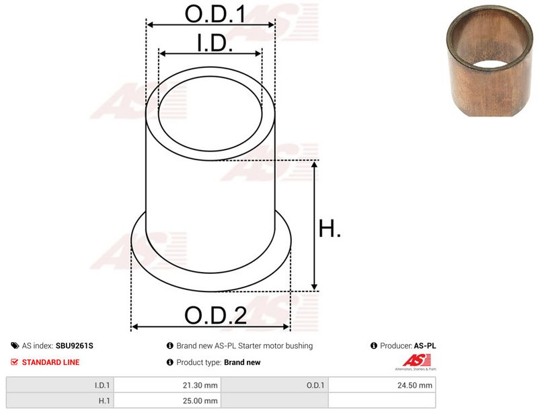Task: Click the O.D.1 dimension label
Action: [x=215, y=13]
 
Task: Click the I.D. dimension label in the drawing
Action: [x=215, y=42]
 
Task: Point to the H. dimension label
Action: [x=330, y=228]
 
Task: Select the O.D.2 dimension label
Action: [x=215, y=316]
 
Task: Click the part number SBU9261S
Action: [x=74, y=345]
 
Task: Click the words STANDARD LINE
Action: [x=51, y=362]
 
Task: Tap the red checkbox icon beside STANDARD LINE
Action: [x=14, y=361]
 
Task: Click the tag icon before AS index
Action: [x=15, y=345]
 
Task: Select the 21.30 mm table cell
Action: [x=167, y=385]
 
